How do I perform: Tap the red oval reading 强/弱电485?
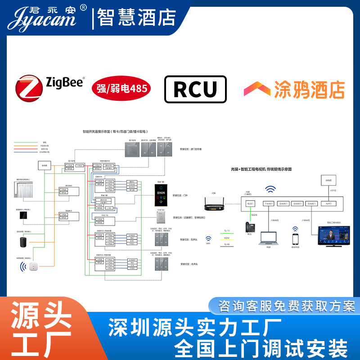121,88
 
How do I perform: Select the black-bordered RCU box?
195,89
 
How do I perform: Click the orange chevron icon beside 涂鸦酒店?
257,89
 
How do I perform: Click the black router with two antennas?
214,206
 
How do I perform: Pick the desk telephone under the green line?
249,227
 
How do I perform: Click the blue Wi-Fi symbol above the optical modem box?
271,189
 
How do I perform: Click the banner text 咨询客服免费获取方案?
287,306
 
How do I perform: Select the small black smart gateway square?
22,215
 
